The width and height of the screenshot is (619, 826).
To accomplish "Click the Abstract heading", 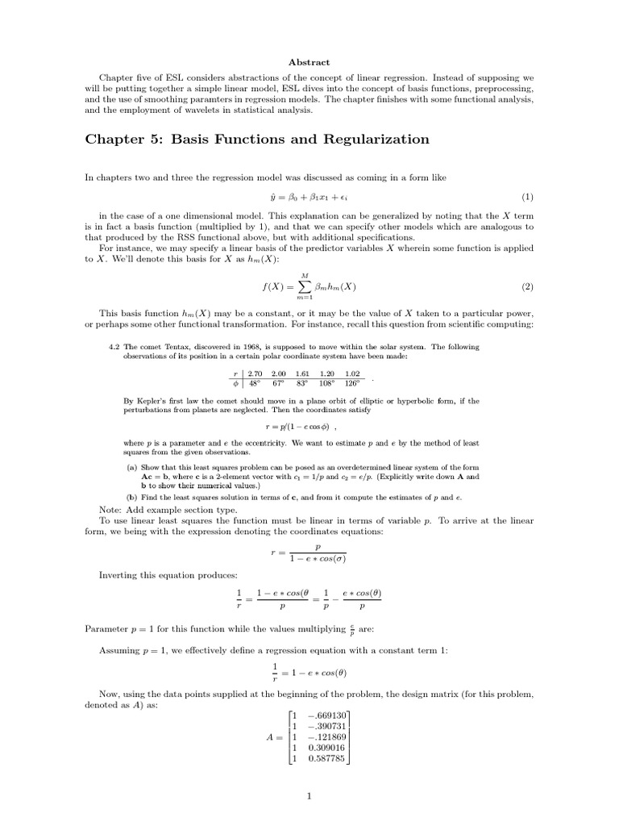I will [309, 62].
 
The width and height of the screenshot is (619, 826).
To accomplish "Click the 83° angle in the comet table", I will [303, 383].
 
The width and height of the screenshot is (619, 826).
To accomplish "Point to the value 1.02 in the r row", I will [351, 373].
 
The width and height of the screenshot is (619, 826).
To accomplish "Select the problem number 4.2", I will [114, 347].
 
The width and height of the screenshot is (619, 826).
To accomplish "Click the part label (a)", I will [131, 468].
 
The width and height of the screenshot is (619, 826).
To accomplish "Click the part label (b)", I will [131, 496].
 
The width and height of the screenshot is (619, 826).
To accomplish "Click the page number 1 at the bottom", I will [309, 798].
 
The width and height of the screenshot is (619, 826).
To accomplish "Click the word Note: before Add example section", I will [112, 510].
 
